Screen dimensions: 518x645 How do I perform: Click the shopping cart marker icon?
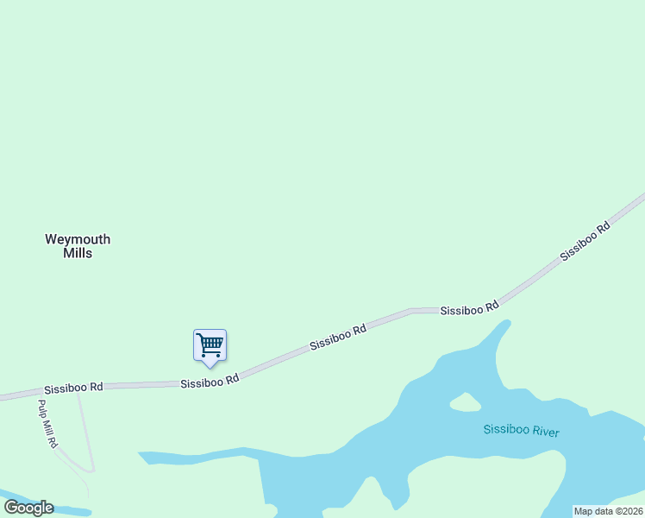(x=210, y=345)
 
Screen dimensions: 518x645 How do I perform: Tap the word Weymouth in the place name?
(x=78, y=239)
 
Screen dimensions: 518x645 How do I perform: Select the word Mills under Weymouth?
(x=78, y=254)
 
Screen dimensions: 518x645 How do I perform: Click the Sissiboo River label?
(x=521, y=430)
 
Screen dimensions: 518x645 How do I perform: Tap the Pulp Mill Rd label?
(x=47, y=423)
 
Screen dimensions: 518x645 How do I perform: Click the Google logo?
(x=28, y=508)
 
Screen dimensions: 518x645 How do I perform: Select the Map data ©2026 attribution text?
(x=608, y=511)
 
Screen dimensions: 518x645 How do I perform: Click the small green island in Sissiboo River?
(x=465, y=401)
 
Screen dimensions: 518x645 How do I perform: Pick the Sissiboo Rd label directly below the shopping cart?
(x=210, y=381)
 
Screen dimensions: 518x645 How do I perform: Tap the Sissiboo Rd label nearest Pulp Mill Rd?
(x=74, y=388)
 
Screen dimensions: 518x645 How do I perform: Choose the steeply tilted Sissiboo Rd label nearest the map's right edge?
(x=585, y=242)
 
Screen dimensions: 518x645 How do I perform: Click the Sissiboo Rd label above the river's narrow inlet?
(x=469, y=308)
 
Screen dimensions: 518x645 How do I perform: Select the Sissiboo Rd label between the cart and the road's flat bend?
(x=338, y=336)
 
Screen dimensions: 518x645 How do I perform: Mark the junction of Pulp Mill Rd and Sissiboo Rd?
(x=36, y=394)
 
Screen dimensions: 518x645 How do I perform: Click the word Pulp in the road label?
(x=42, y=408)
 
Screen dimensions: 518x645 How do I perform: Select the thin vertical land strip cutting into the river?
(x=261, y=479)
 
